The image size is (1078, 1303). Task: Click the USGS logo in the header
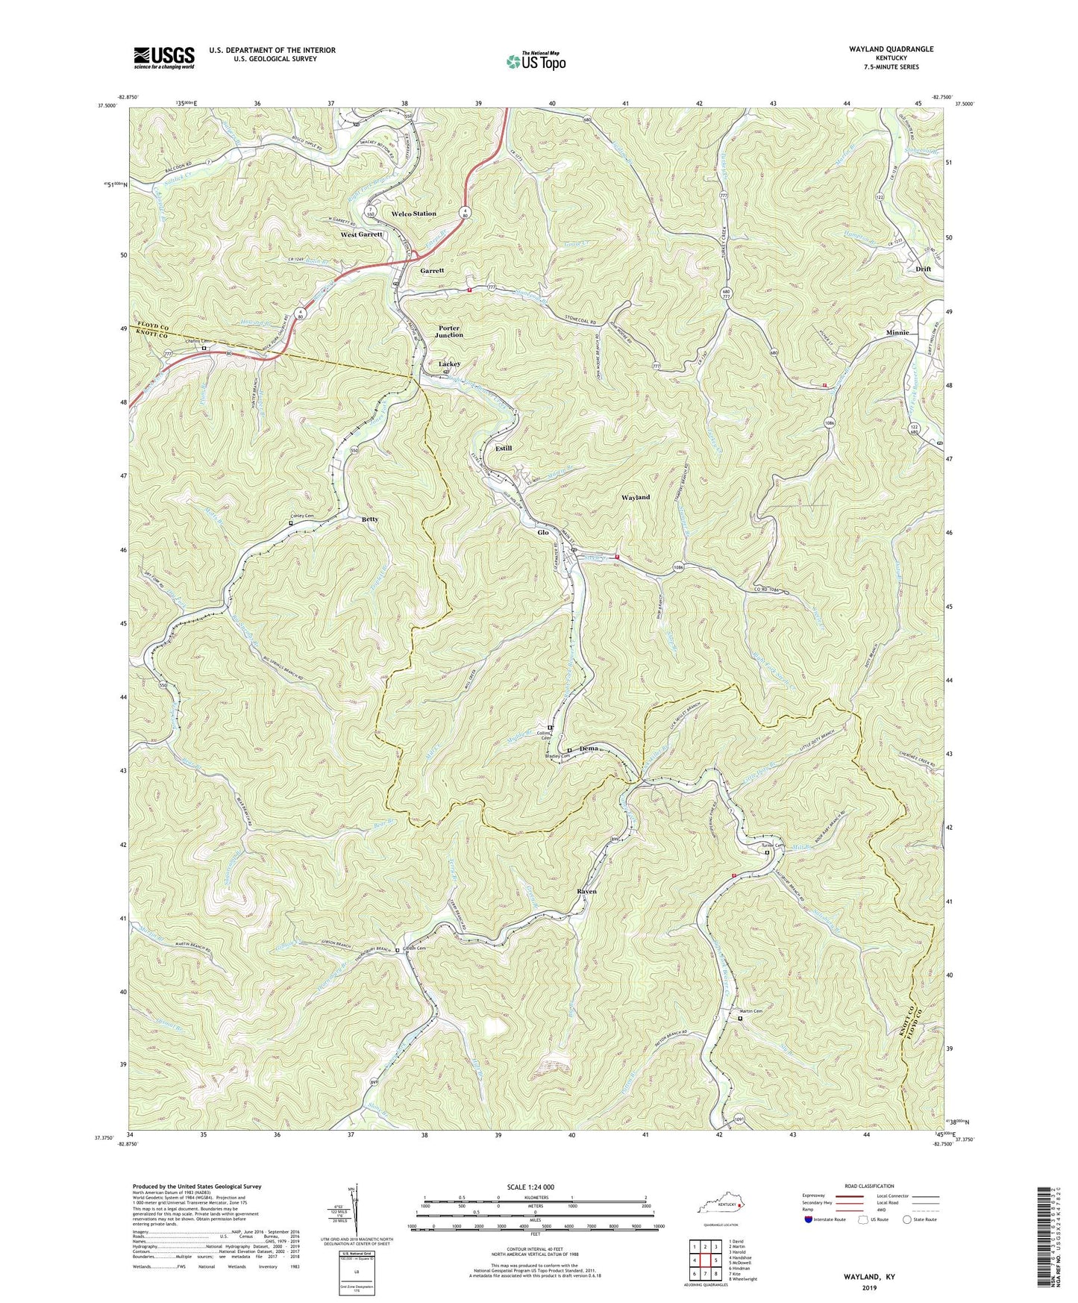point(164,57)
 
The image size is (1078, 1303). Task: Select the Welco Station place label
point(413,214)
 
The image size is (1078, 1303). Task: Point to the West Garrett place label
point(361,234)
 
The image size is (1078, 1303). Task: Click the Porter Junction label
point(449,331)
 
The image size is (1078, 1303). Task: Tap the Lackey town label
point(449,364)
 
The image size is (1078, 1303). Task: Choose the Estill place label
point(504,449)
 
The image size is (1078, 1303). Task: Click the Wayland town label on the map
point(635,497)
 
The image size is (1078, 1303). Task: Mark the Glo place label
point(542,533)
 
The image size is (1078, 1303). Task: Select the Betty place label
point(370,519)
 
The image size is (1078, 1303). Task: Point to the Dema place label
point(589,748)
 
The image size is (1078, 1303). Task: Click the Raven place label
point(586,892)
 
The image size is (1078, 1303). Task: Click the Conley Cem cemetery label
point(301,516)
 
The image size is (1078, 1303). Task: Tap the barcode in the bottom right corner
point(1046,1239)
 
